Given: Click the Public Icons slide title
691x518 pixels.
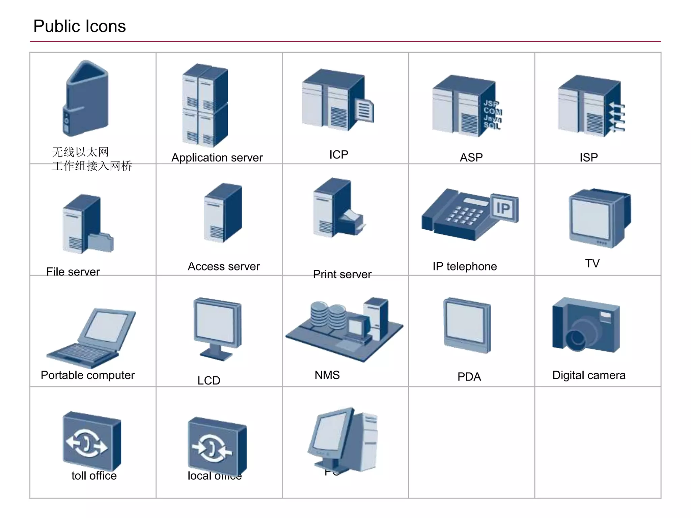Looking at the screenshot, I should point(80,26).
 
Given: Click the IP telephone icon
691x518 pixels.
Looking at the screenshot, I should point(469,215).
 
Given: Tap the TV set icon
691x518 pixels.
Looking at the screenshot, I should point(599,218).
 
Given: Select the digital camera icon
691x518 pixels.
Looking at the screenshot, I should point(586,325).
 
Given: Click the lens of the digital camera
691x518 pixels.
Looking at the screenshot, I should point(577,339).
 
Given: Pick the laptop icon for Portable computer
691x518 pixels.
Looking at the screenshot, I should point(92,337).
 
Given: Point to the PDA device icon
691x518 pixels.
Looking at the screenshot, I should point(467,325).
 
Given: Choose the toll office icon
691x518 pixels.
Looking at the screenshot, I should point(92,440).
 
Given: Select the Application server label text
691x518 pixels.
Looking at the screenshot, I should point(217,157).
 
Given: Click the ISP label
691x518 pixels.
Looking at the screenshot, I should point(588,157).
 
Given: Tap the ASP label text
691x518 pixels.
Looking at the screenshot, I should point(471,157).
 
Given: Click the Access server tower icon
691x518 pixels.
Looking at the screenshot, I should point(223,213).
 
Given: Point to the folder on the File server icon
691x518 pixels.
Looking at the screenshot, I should point(101,243).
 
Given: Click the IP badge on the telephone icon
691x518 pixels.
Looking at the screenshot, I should point(504,208).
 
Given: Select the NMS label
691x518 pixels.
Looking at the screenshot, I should point(327,375).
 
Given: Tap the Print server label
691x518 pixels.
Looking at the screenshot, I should point(342,274).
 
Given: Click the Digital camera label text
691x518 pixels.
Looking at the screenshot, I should point(589,375).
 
